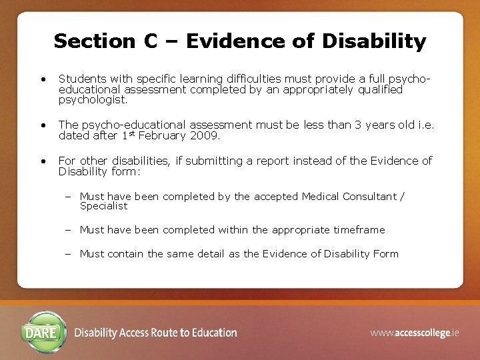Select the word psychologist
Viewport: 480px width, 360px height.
pyautogui.click(x=93, y=99)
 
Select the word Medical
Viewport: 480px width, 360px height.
pyautogui.click(x=321, y=197)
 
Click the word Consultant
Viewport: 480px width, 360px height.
pyautogui.click(x=369, y=197)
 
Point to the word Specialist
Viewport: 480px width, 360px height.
pyautogui.click(x=103, y=206)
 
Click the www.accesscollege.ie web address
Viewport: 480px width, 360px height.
pyautogui.click(x=414, y=333)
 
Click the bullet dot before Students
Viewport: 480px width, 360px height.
pyautogui.click(x=43, y=80)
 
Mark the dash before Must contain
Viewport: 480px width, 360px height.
pyautogui.click(x=69, y=254)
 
